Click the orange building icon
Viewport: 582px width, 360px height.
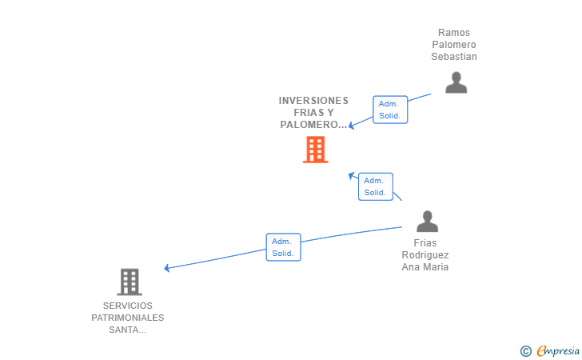click(315, 150)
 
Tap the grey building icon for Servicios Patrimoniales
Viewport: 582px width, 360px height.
click(130, 282)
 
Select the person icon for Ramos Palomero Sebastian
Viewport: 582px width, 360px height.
click(456, 82)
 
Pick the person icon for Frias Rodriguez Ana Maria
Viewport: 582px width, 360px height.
click(427, 222)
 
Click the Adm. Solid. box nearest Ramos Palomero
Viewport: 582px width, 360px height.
click(390, 110)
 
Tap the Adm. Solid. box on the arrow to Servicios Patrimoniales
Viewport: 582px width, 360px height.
click(283, 247)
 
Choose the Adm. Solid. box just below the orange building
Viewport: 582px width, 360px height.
click(374, 186)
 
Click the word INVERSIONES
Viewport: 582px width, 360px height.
click(313, 101)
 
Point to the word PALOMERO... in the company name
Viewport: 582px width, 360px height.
click(313, 125)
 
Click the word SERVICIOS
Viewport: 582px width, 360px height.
click(128, 306)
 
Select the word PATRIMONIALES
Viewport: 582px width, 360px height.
click(128, 318)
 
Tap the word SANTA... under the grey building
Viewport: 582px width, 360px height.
click(128, 330)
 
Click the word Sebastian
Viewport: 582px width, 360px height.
click(454, 57)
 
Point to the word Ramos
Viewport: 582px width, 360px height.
click(454, 33)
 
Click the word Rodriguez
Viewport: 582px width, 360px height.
click(425, 255)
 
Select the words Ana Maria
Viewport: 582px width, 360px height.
click(425, 267)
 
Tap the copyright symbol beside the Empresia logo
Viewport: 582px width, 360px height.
click(525, 350)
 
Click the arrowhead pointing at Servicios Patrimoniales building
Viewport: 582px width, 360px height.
click(167, 268)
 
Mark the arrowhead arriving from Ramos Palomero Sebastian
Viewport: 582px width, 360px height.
click(351, 125)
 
